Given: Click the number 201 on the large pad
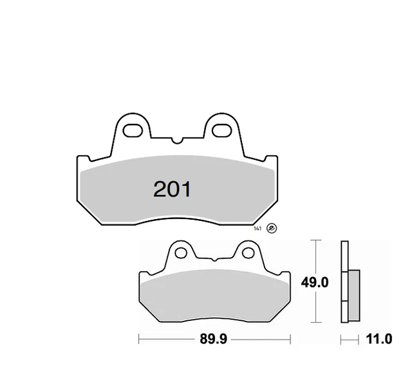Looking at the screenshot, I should coord(172,189).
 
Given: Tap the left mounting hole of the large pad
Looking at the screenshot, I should coord(133,130).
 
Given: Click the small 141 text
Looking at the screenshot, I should coord(257,228).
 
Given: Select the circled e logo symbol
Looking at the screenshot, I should coord(271,229).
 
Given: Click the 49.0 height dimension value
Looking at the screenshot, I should coord(315,282).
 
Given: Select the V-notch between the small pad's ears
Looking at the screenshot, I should coord(214,259).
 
